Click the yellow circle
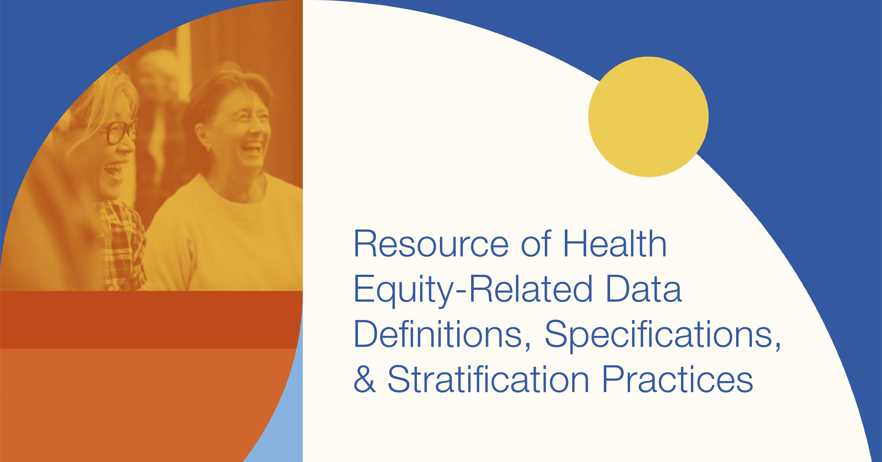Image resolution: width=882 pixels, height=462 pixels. point(648,117)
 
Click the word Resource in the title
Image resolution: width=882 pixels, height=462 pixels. point(431,244)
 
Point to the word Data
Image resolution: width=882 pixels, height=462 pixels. point(643,289)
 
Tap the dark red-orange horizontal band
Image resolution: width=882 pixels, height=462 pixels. point(151,320)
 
